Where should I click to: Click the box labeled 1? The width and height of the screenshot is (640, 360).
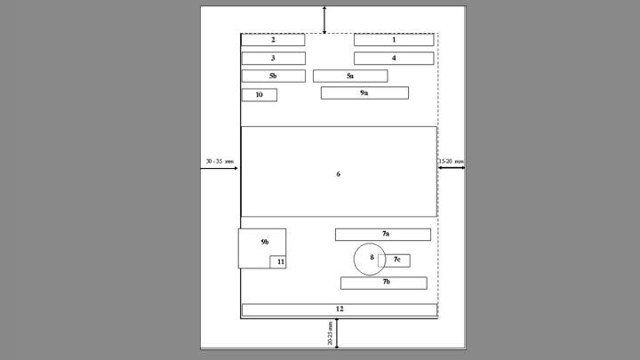pos(394,40)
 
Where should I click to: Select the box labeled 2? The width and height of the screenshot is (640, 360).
pos(273,40)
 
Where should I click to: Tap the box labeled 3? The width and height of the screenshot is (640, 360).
pos(273,59)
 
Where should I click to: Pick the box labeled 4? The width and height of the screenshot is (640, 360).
pos(394,59)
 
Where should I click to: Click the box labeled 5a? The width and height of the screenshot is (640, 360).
pos(350,76)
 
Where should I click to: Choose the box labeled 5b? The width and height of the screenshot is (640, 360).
pos(273,76)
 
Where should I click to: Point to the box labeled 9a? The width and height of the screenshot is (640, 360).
pos(364,93)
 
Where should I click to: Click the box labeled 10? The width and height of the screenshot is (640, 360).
pos(260,95)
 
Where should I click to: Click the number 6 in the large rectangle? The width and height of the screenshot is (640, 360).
pos(338,174)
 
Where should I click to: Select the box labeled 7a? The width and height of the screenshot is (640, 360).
pos(383,235)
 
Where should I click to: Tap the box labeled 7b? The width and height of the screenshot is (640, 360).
pos(384,283)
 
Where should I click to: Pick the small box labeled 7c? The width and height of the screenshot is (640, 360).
pos(395,260)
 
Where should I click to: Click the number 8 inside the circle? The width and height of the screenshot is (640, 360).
pos(372,257)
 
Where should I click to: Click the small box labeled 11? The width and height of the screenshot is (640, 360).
pos(278,262)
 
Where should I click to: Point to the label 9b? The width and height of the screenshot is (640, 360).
pos(265,242)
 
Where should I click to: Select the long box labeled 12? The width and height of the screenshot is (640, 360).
pos(340,310)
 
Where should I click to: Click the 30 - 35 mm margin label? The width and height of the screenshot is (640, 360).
pos(220,161)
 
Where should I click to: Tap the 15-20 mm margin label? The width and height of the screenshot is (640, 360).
pos(451,161)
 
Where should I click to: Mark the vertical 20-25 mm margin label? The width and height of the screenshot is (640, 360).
pos(330,333)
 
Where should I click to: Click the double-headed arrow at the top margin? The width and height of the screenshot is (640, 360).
pos(324,20)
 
